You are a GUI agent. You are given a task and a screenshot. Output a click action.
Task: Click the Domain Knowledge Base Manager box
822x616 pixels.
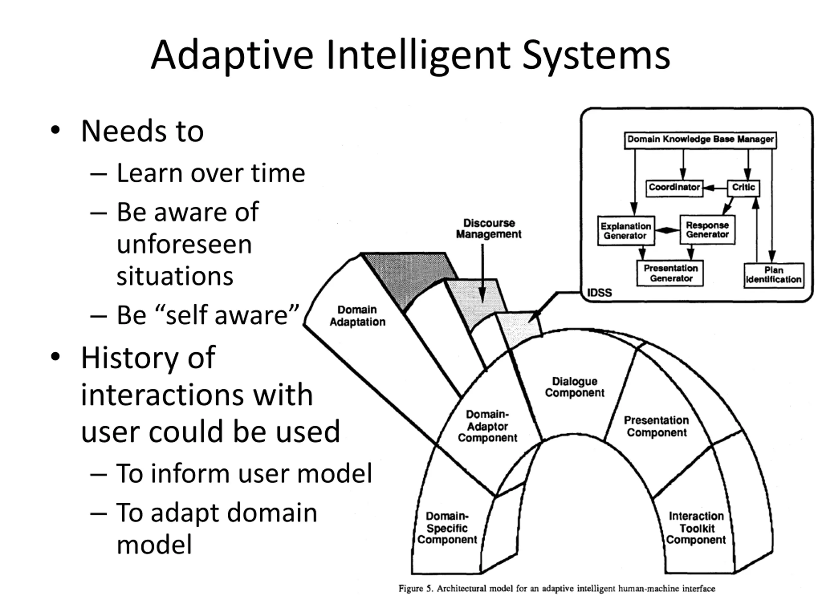700,140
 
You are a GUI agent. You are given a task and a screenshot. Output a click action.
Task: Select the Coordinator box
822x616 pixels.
674,187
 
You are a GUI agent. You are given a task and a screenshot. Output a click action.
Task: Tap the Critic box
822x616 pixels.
743,187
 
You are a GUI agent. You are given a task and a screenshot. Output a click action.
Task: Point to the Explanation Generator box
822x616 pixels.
626,231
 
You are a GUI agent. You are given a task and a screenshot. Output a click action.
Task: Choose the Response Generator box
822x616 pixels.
707,230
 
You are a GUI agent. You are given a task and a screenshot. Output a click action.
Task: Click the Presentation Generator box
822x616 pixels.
670,273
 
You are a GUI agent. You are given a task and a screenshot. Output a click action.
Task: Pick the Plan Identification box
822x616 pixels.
774,275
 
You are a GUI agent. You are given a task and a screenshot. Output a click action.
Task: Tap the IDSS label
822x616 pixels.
599,293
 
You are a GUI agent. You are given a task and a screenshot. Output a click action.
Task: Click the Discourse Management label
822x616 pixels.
489,229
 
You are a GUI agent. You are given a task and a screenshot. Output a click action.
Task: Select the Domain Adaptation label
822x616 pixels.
357,316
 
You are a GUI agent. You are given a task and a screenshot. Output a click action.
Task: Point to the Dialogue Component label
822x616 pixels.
574,387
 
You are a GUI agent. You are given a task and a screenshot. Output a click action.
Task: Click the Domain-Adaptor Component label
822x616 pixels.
487,426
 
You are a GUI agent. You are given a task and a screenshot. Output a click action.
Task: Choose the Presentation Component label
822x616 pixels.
657,426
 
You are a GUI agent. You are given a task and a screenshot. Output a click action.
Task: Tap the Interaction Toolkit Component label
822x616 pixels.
696,528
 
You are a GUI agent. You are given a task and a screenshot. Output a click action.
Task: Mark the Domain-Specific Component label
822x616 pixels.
447,528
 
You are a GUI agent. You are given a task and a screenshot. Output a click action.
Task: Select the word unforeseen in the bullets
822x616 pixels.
184,244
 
